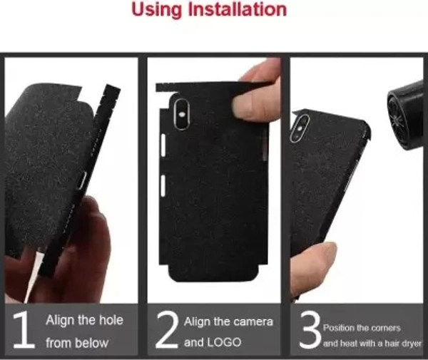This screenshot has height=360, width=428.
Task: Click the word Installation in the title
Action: [x=238, y=9]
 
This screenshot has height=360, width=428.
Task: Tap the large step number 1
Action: [x=24, y=330]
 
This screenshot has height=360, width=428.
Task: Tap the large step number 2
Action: [x=167, y=330]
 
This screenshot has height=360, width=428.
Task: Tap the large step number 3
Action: [x=310, y=330]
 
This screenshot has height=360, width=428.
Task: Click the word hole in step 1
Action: [x=111, y=320]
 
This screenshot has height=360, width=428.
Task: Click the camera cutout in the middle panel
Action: [x=180, y=114]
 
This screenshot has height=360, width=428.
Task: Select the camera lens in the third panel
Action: [x=300, y=128]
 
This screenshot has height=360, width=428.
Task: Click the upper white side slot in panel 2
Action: [x=163, y=145]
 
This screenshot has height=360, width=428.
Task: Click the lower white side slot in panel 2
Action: [x=163, y=186]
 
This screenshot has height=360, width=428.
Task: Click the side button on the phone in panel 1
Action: [x=82, y=180]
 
